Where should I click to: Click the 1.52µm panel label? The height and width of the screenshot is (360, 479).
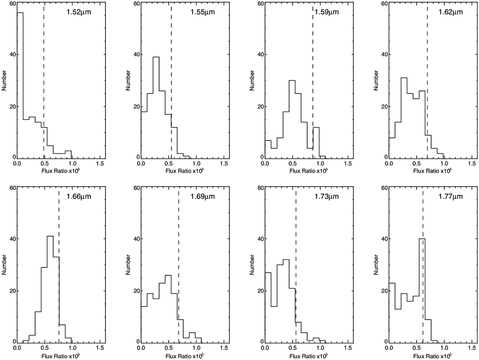pos(79,12)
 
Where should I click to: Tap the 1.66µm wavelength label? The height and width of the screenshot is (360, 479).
pos(79,197)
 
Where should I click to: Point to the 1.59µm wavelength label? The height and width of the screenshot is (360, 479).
pos(327,12)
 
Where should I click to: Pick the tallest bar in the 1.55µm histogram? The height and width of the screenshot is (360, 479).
pos(156,108)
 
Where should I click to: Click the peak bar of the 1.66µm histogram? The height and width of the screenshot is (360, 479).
pos(51,289)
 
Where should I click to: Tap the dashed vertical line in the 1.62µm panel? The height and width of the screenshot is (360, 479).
pos(428,81)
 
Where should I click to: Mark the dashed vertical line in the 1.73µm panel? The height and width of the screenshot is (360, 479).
pos(296,265)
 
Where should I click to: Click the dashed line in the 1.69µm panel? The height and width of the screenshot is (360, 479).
pos(178,265)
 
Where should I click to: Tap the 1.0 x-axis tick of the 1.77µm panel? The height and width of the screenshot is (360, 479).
pos(444,348)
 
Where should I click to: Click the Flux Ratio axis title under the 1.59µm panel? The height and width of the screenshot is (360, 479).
pos(308,170)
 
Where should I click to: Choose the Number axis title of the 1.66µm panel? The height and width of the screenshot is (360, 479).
pos(4,265)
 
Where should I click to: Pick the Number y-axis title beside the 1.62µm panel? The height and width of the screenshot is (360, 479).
pos(376,80)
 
